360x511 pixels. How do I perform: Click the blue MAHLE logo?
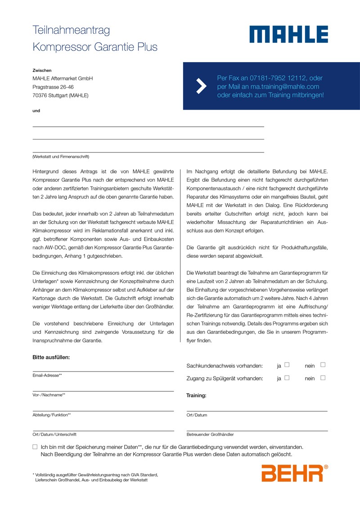[289, 34]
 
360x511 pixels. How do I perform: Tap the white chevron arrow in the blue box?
[201, 86]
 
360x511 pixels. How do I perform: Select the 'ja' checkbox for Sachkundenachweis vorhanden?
[287, 365]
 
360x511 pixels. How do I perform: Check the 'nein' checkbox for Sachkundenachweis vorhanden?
[323, 365]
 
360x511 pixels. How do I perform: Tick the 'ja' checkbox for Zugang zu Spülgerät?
[287, 378]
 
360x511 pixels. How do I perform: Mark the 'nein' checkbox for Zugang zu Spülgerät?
[323, 378]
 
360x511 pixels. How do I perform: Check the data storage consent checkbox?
[35, 447]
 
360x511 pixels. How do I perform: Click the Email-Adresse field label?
[47, 375]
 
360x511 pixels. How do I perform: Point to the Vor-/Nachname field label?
[49, 395]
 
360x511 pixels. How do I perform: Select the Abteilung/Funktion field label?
[52, 415]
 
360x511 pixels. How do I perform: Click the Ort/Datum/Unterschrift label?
[54, 435]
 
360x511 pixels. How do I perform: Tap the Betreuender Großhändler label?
[210, 435]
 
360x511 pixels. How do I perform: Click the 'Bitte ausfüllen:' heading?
[51, 357]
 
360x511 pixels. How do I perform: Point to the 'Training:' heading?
[196, 395]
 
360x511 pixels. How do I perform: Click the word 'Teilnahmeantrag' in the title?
[71, 30]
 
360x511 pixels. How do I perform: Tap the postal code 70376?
[40, 95]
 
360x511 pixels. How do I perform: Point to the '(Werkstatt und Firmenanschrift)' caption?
[61, 157]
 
